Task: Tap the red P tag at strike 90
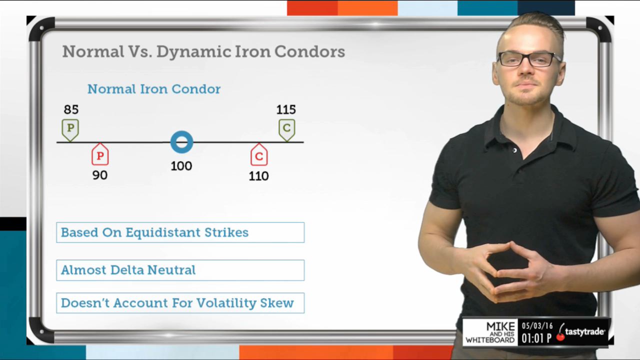pos(100,154)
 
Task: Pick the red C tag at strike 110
pos(259,155)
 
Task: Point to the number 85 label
pos(71,109)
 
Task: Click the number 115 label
pos(286,109)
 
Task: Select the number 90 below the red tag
pos(99,175)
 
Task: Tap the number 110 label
pos(258,176)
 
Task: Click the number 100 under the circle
pos(181,166)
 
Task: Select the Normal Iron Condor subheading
pos(154,89)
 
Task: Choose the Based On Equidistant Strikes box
pos(180,232)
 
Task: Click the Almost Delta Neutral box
pos(180,270)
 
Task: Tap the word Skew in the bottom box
pos(277,303)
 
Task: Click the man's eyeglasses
pos(528,59)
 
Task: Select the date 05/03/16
pos(537,326)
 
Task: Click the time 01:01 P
pos(536,338)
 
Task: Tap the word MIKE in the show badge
pos(500,326)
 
